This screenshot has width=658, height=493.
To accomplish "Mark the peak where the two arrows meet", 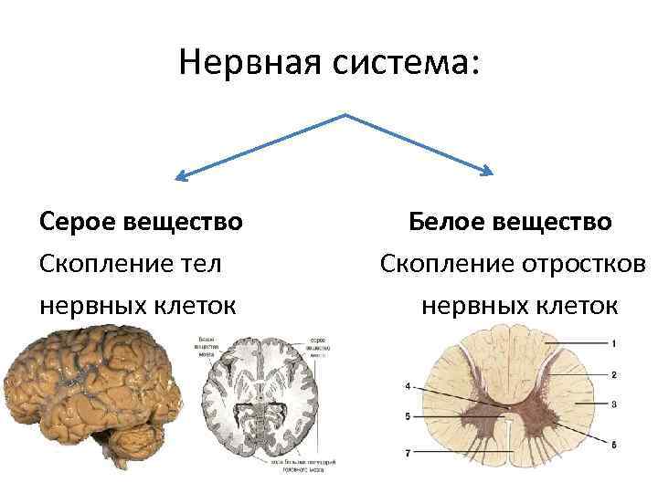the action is pos(345,116).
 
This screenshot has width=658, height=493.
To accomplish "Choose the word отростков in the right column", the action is pos(576,264).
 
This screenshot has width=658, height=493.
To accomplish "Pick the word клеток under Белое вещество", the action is pos(577,305).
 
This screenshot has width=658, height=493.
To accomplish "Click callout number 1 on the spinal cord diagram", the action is pos(614,343).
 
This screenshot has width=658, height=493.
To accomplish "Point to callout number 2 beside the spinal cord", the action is pos(614,374).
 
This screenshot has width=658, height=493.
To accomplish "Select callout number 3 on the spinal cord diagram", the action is pos(614,404).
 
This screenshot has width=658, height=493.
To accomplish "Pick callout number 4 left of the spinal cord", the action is pos(408,386).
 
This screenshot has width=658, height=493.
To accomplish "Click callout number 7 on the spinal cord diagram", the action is pos(408,452).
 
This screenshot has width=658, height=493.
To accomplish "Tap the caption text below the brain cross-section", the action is pos(302,465).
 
